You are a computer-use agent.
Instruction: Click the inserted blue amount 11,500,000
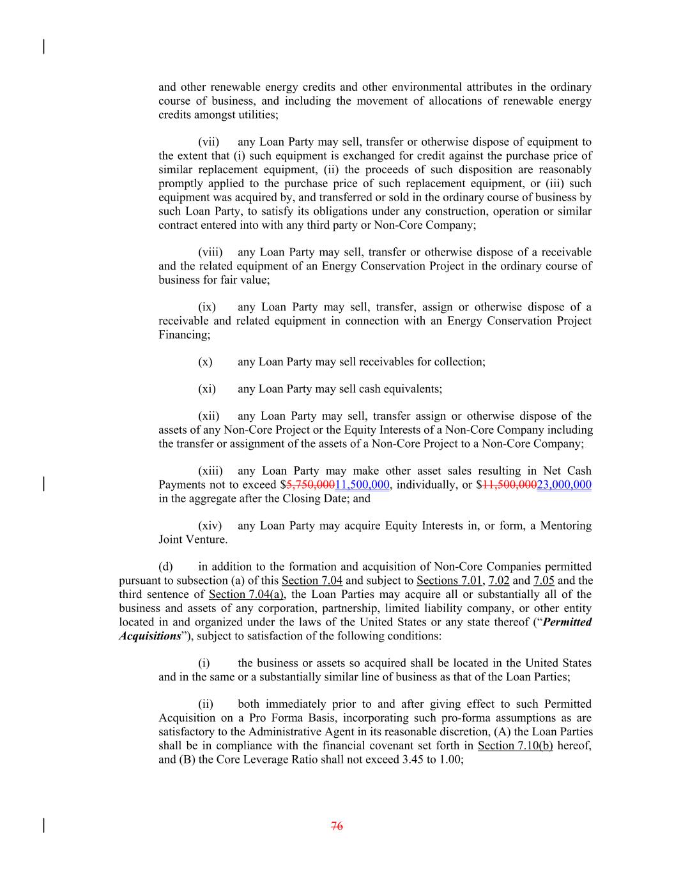point(362,485)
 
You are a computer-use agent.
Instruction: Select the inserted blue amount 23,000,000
point(564,485)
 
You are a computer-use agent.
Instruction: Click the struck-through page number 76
point(337,826)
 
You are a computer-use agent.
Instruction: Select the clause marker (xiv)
point(210,526)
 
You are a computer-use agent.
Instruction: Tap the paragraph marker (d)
point(165,567)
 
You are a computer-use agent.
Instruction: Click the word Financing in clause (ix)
point(184,335)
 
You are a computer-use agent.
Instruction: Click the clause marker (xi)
point(207,388)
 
